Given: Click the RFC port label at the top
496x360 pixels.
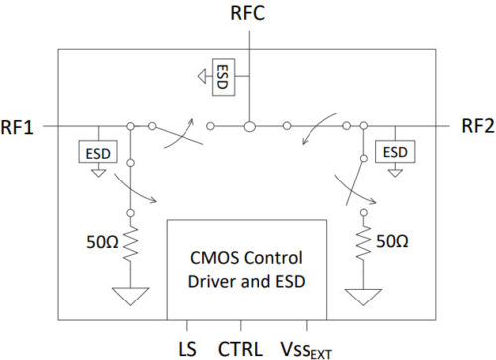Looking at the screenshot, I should (249, 17).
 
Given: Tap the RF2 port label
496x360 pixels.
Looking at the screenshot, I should (476, 126).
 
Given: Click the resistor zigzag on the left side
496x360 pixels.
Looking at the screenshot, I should (130, 242).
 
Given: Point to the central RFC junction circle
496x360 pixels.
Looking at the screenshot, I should (250, 126).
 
